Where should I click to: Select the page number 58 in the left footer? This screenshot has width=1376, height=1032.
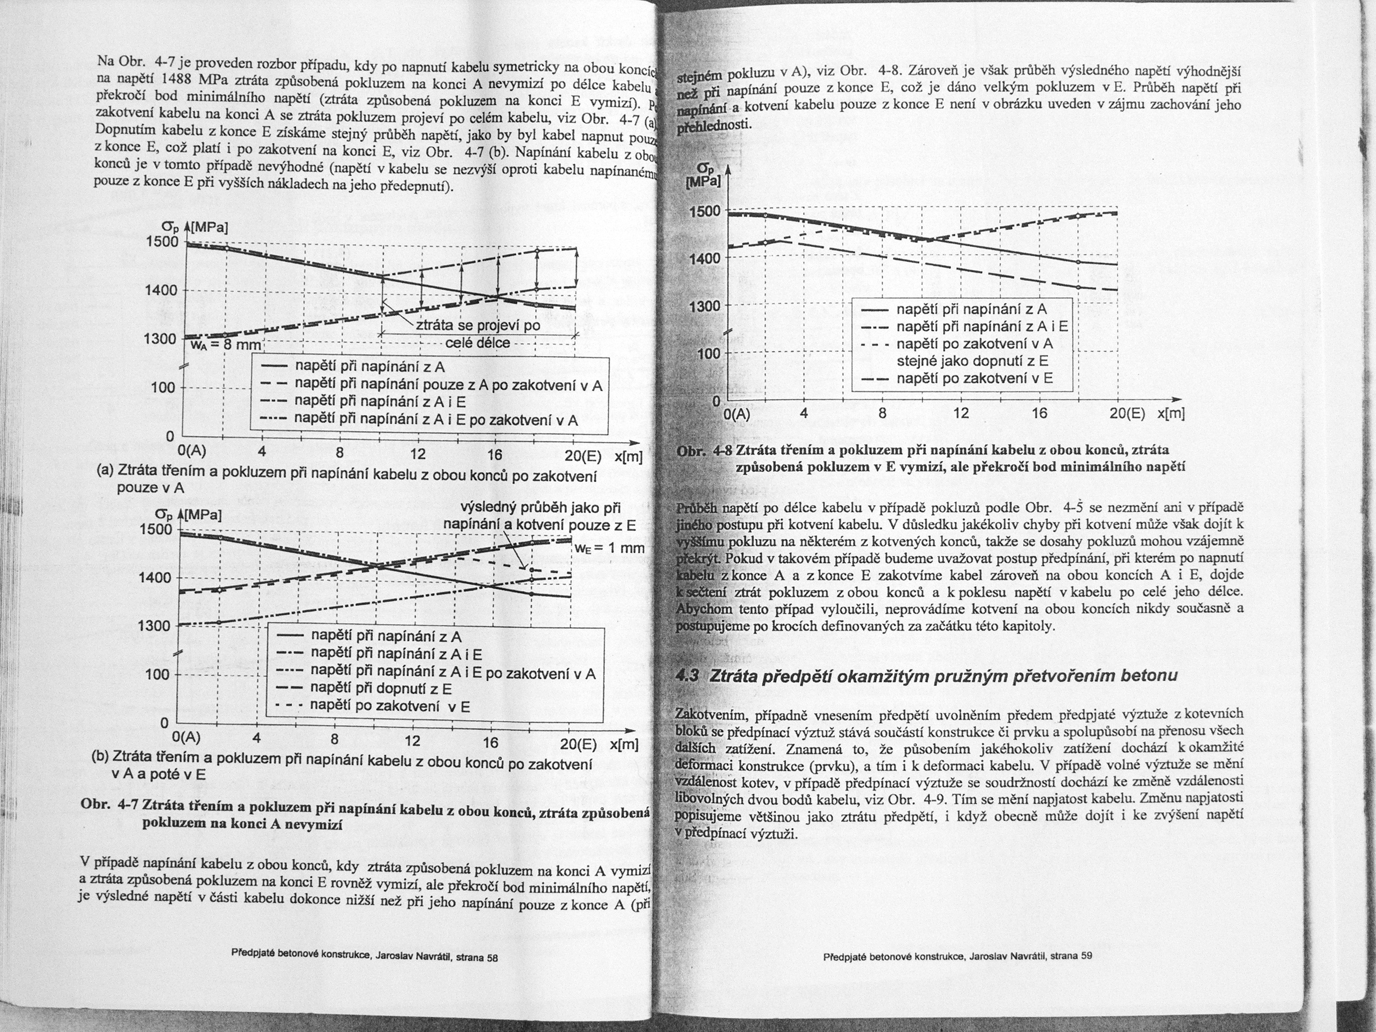(x=492, y=958)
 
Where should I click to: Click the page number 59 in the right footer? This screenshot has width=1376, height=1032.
(x=1086, y=956)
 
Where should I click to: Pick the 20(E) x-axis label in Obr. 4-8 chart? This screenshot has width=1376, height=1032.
(x=1128, y=413)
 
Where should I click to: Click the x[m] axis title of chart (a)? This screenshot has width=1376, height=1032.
(x=628, y=457)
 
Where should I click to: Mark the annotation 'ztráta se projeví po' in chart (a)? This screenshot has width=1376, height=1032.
(x=478, y=327)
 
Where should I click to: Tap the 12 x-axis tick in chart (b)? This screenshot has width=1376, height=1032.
(x=412, y=742)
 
